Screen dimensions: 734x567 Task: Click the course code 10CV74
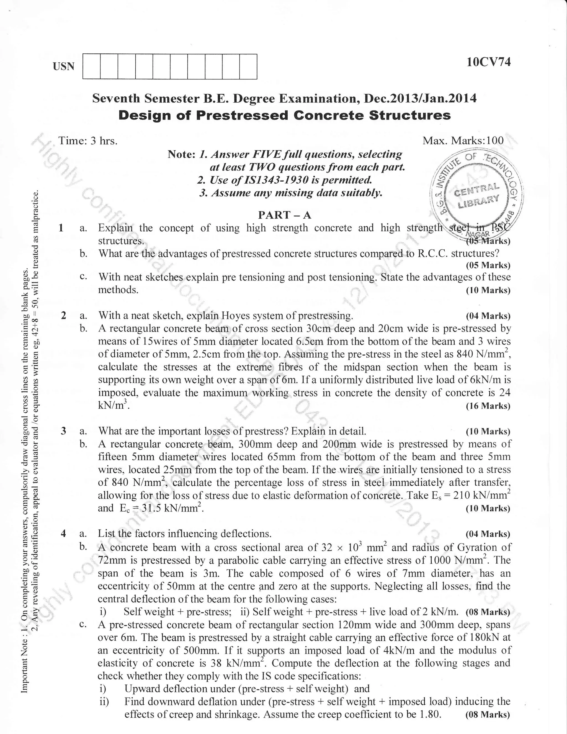point(488,62)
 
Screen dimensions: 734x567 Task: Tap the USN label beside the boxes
point(63,66)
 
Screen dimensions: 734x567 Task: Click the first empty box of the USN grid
point(91,66)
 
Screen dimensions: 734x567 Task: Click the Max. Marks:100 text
point(463,140)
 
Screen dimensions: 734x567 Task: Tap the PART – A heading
point(284,215)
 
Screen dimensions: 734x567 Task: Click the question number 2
point(63,316)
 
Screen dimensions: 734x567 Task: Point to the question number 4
point(63,533)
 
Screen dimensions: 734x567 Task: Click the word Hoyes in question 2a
point(234,316)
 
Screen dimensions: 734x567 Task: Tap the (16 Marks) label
point(488,406)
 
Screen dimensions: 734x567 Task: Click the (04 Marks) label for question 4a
point(488,534)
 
